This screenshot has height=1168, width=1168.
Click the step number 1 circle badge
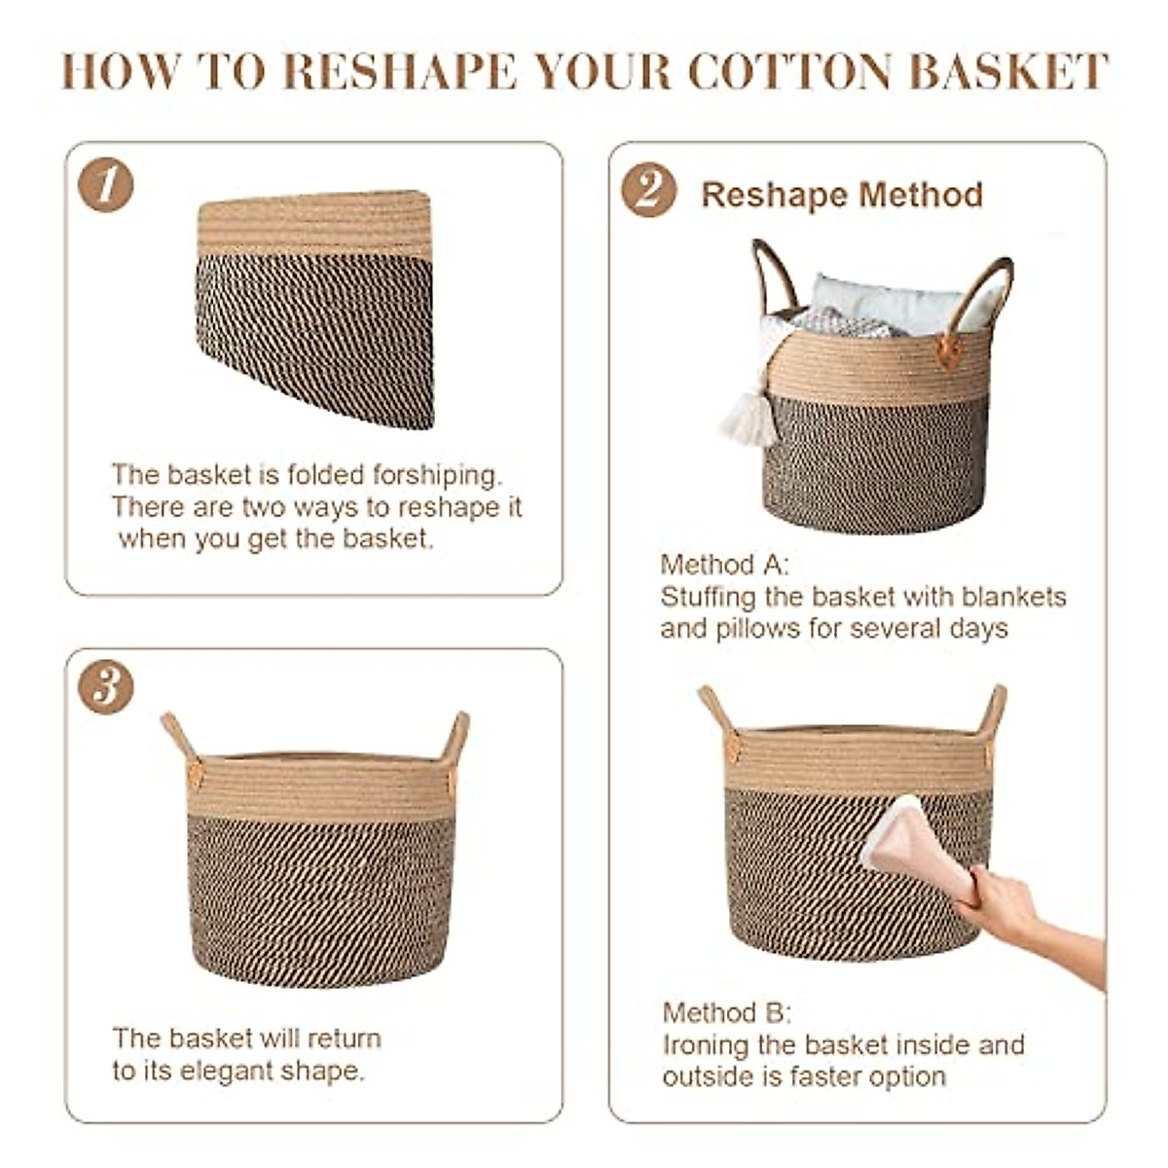[x=105, y=185]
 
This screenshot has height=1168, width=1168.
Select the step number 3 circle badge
[x=105, y=687]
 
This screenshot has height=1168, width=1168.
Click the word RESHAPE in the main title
[x=400, y=72]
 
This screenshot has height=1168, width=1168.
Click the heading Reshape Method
[x=842, y=195]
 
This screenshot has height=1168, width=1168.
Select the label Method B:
[x=727, y=1012]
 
